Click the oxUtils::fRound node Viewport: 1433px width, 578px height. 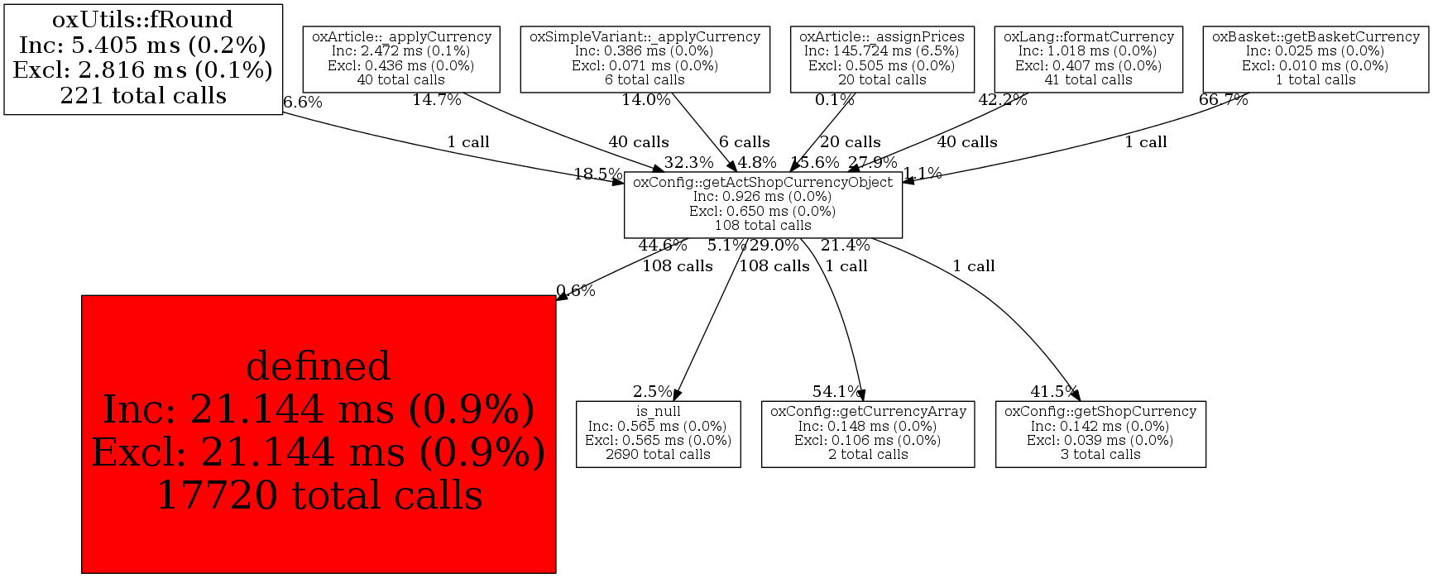(143, 58)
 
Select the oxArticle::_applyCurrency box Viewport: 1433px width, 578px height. (401, 59)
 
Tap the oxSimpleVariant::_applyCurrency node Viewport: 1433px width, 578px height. (645, 59)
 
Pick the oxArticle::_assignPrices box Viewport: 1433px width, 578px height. (882, 59)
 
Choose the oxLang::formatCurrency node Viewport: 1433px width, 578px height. (1088, 59)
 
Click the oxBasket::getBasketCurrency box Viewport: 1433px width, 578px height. (1316, 59)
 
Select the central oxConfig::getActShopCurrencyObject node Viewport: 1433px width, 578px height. (763, 203)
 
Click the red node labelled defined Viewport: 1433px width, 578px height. (319, 433)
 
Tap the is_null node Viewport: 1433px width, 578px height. (658, 433)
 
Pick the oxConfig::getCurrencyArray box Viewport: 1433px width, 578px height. (868, 433)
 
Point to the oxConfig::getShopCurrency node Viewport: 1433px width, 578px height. (1100, 433)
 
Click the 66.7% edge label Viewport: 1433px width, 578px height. (1223, 100)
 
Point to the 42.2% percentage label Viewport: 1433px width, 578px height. (1003, 100)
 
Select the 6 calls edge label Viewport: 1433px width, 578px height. (744, 142)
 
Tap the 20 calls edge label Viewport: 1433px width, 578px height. (850, 142)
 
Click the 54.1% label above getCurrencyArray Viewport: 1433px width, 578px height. (836, 391)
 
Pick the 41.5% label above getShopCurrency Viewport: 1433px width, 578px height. (1054, 391)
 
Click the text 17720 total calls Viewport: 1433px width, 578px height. (319, 495)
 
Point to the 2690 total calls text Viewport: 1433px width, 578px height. (658, 454)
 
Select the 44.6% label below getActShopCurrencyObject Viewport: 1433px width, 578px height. (663, 246)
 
